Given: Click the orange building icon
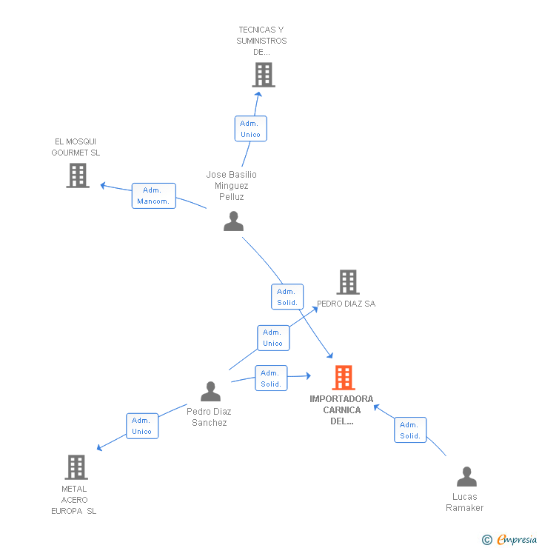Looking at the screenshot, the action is point(344,378).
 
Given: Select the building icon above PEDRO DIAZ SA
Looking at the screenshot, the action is point(348,282).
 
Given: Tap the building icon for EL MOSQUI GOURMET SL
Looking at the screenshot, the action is point(78,176).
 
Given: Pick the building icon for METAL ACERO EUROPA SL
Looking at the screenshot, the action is point(76,467).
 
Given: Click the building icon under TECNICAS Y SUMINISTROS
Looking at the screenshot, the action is point(264,75).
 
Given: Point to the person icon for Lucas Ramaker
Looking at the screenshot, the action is point(466,476).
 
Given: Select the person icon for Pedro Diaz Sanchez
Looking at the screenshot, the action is point(211,391).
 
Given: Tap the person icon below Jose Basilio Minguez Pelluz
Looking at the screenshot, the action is point(234,221).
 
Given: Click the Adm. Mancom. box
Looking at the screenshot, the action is point(154,196).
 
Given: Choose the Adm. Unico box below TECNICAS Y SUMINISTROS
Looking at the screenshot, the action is point(251,129).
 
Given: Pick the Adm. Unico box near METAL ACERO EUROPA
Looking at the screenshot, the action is point(142,426).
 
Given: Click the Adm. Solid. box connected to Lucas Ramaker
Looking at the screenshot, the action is point(410,430).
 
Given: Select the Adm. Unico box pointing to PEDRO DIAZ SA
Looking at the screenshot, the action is point(273,338).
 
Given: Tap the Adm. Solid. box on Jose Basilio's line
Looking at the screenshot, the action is point(287,297).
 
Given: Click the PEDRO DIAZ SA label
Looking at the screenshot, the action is point(346,304).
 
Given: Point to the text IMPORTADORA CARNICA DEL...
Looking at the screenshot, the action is point(341,410).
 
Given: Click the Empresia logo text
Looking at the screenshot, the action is point(517,539).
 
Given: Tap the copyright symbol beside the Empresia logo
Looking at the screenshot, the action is point(487,540).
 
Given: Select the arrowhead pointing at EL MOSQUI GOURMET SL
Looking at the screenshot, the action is point(103,185).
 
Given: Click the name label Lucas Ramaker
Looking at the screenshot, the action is point(465,502).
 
